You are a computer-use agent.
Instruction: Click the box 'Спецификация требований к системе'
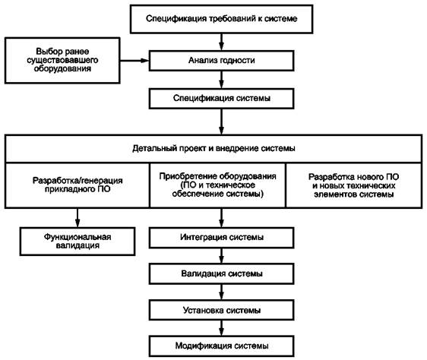[221, 19]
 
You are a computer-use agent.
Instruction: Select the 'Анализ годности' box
[221, 61]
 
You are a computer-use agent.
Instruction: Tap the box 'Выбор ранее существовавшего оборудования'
[62, 61]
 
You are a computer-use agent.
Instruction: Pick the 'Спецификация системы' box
[221, 98]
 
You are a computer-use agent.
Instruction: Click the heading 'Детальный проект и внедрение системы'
[214, 149]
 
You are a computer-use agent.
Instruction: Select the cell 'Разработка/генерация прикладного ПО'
[77, 185]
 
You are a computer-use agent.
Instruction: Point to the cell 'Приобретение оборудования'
[217, 185]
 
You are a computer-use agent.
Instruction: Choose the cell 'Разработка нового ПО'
[354, 185]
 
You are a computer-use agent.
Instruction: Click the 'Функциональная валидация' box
[77, 242]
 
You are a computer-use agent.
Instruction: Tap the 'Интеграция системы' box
[221, 238]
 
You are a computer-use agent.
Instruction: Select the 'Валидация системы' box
[221, 273]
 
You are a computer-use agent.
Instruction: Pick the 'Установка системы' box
[221, 310]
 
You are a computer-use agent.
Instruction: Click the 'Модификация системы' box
[221, 346]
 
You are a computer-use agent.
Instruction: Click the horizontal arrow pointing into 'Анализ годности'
[134, 61]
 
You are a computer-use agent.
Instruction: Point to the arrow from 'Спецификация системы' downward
[221, 122]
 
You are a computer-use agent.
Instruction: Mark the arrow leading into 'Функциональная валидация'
[77, 218]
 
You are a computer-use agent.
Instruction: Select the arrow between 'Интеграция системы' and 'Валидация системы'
[221, 256]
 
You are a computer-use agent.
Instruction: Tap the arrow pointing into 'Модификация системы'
[221, 328]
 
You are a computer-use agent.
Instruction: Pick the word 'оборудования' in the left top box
[62, 68]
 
